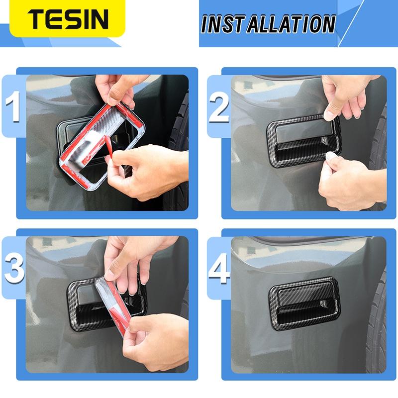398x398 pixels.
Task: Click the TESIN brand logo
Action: coord(68,18)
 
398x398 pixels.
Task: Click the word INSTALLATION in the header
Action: coord(269,24)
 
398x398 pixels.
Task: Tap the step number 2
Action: coord(219,106)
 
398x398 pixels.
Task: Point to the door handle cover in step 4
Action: coord(304,299)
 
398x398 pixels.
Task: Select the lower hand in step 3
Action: coord(149,343)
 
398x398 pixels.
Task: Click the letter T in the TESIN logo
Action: coord(37,18)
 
